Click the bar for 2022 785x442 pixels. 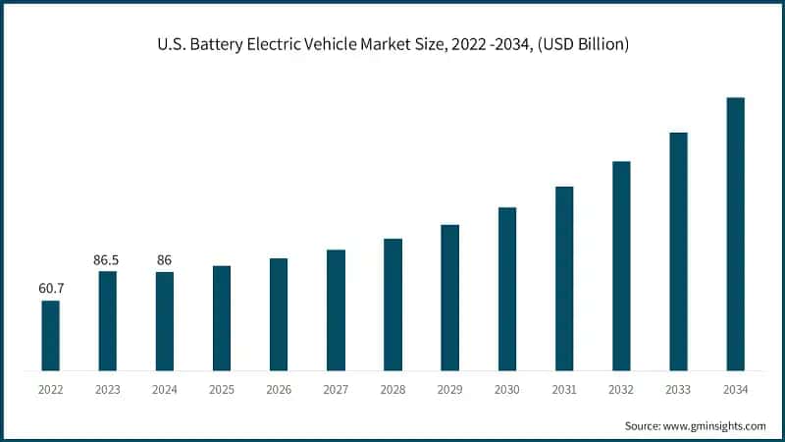point(51,336)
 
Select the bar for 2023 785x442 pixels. point(108,321)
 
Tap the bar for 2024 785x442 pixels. point(165,321)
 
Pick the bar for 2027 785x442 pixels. point(336,310)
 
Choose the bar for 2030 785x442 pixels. point(506,289)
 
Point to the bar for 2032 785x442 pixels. point(620,266)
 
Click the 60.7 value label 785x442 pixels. point(51,289)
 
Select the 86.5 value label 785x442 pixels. point(108,260)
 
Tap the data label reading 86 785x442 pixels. point(165,260)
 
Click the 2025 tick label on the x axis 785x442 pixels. point(222,390)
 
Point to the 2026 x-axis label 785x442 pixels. point(279,390)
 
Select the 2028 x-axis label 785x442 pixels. point(392,390)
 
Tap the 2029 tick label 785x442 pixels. point(449,390)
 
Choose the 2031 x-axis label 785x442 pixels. point(563,390)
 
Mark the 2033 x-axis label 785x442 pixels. point(678,390)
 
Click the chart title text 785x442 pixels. point(392,43)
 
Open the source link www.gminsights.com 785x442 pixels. point(714,425)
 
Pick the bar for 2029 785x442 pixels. point(449,298)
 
